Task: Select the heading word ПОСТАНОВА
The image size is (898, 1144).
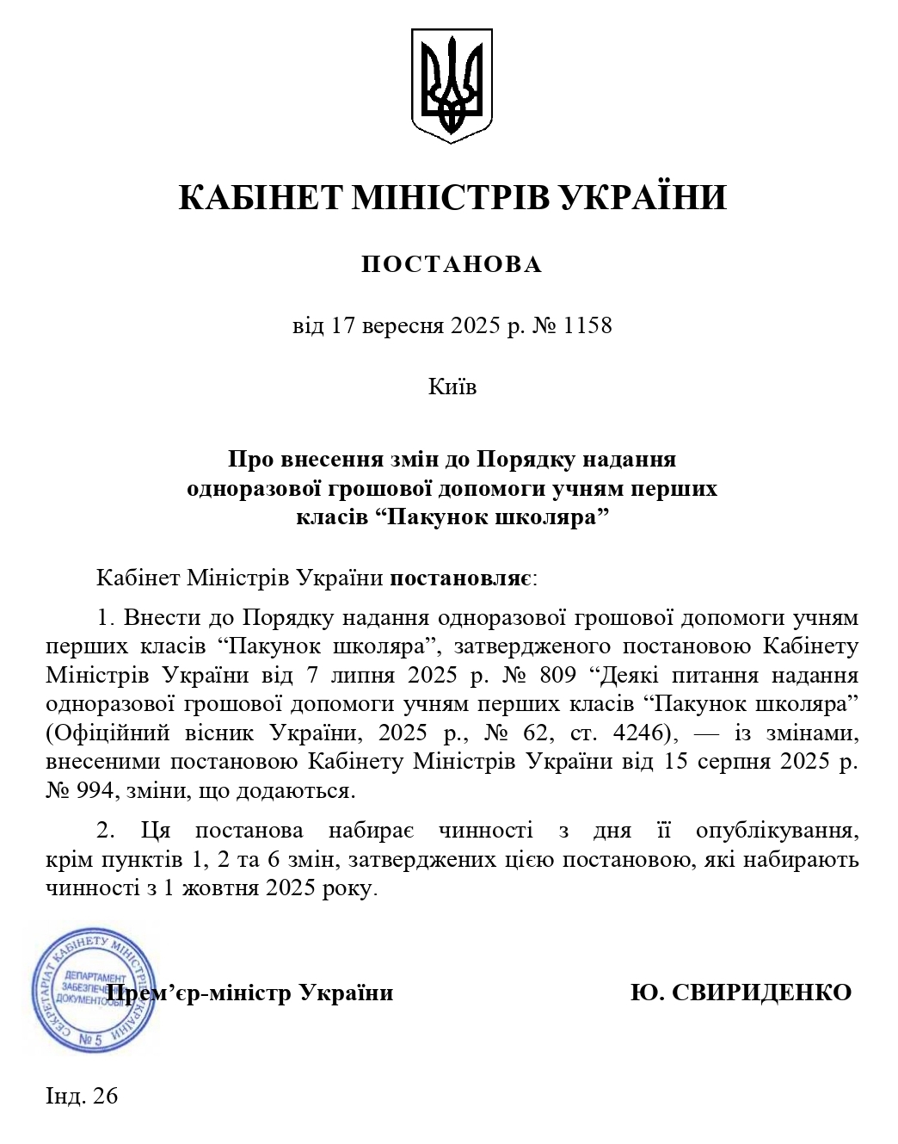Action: coord(452,264)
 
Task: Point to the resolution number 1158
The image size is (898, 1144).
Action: coord(587,326)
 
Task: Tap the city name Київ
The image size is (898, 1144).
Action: coord(452,386)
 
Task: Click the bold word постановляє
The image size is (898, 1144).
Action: coord(461,577)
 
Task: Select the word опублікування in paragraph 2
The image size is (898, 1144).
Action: coord(777,831)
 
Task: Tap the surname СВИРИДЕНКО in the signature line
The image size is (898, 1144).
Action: coord(760,992)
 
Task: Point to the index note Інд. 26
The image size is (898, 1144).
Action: coord(82,1096)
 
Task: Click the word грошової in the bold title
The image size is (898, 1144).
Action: coord(382,488)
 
